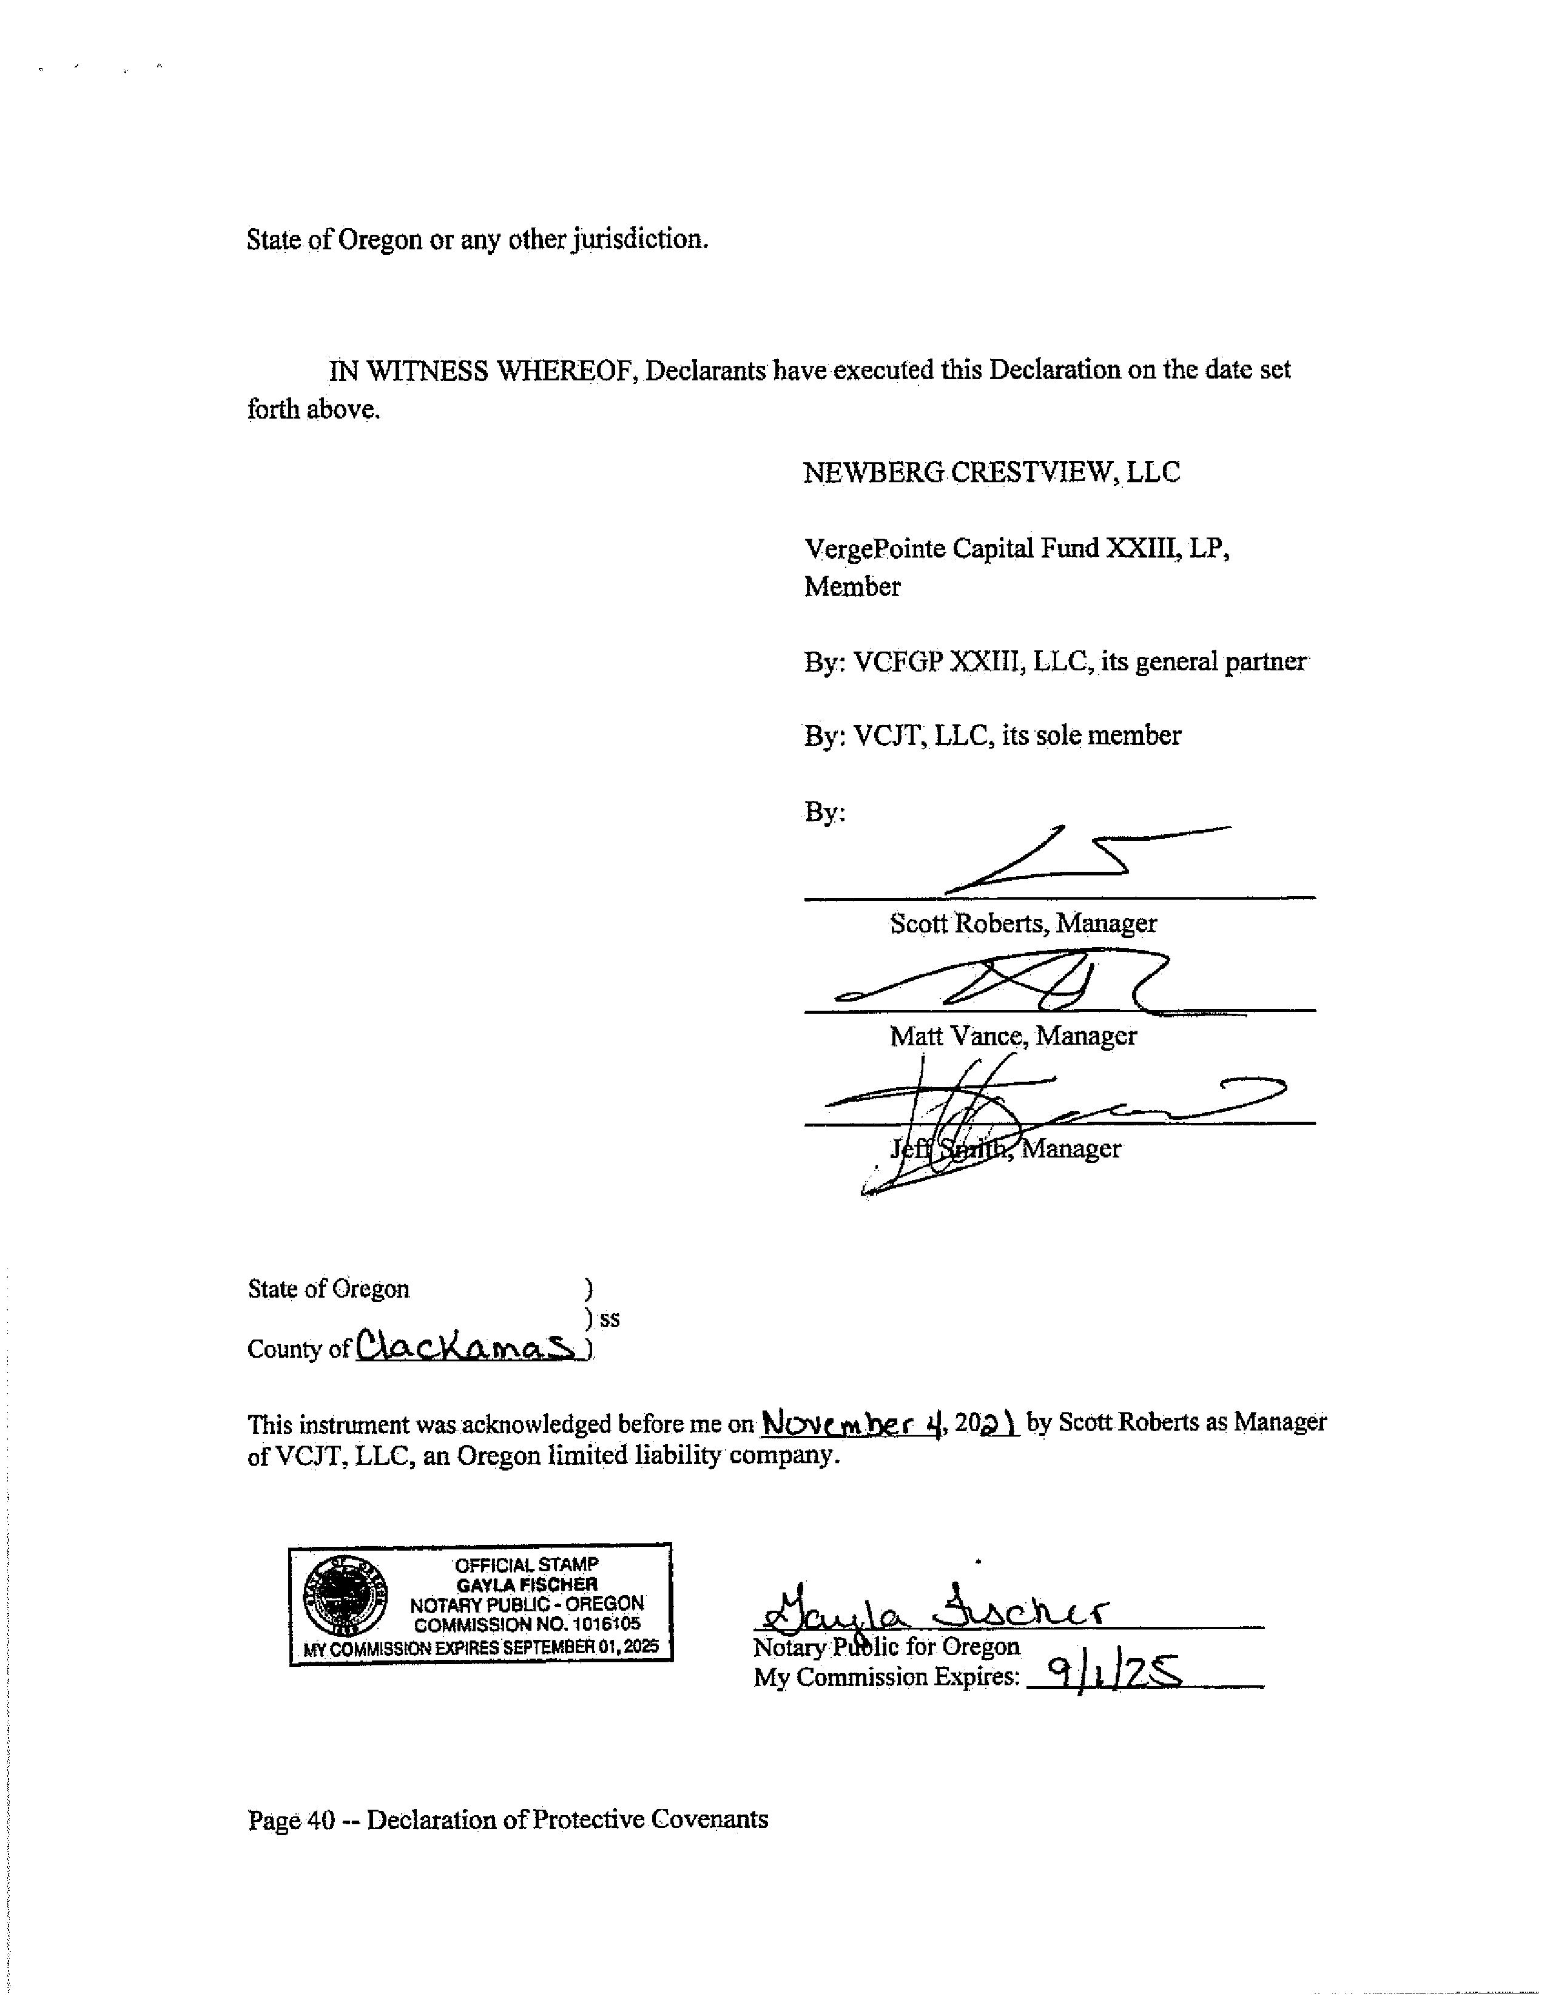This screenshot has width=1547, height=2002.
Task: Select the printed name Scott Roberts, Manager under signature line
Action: [1023, 923]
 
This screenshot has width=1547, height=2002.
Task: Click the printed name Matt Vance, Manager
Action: [1013, 1036]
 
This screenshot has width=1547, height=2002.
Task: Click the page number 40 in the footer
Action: [321, 1819]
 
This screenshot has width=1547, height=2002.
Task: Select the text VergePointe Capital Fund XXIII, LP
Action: [1016, 548]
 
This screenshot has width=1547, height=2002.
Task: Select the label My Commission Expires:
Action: [886, 1677]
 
